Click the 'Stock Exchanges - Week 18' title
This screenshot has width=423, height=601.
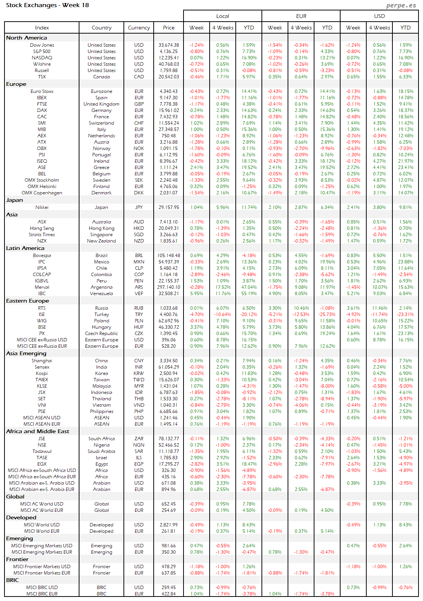pos(47,5)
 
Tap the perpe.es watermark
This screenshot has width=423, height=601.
pos(401,5)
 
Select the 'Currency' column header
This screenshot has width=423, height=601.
pos(139,28)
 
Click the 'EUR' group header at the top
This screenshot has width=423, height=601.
pos(301,16)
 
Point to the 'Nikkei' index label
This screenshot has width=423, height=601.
pos(42,207)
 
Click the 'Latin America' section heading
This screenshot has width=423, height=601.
pos(25,248)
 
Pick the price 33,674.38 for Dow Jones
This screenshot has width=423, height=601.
pos(169,45)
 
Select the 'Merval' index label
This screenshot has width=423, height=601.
pos(42,287)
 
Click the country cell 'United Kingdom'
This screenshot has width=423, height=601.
pos(101,104)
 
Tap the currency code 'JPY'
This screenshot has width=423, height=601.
pos(139,207)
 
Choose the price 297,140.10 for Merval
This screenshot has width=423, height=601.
pos(169,287)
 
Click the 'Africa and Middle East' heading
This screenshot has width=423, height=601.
pos(38,431)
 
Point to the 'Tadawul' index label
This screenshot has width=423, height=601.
pos(42,451)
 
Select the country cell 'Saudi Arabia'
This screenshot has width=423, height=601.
pos(101,451)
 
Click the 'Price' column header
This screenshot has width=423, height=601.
pos(169,28)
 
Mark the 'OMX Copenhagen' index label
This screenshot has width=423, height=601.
pos(42,193)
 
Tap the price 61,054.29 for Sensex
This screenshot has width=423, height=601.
pos(169,367)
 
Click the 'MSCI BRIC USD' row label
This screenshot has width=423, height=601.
pos(42,588)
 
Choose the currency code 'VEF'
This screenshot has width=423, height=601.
pos(139,294)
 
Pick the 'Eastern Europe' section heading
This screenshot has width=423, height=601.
pos(28,301)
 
